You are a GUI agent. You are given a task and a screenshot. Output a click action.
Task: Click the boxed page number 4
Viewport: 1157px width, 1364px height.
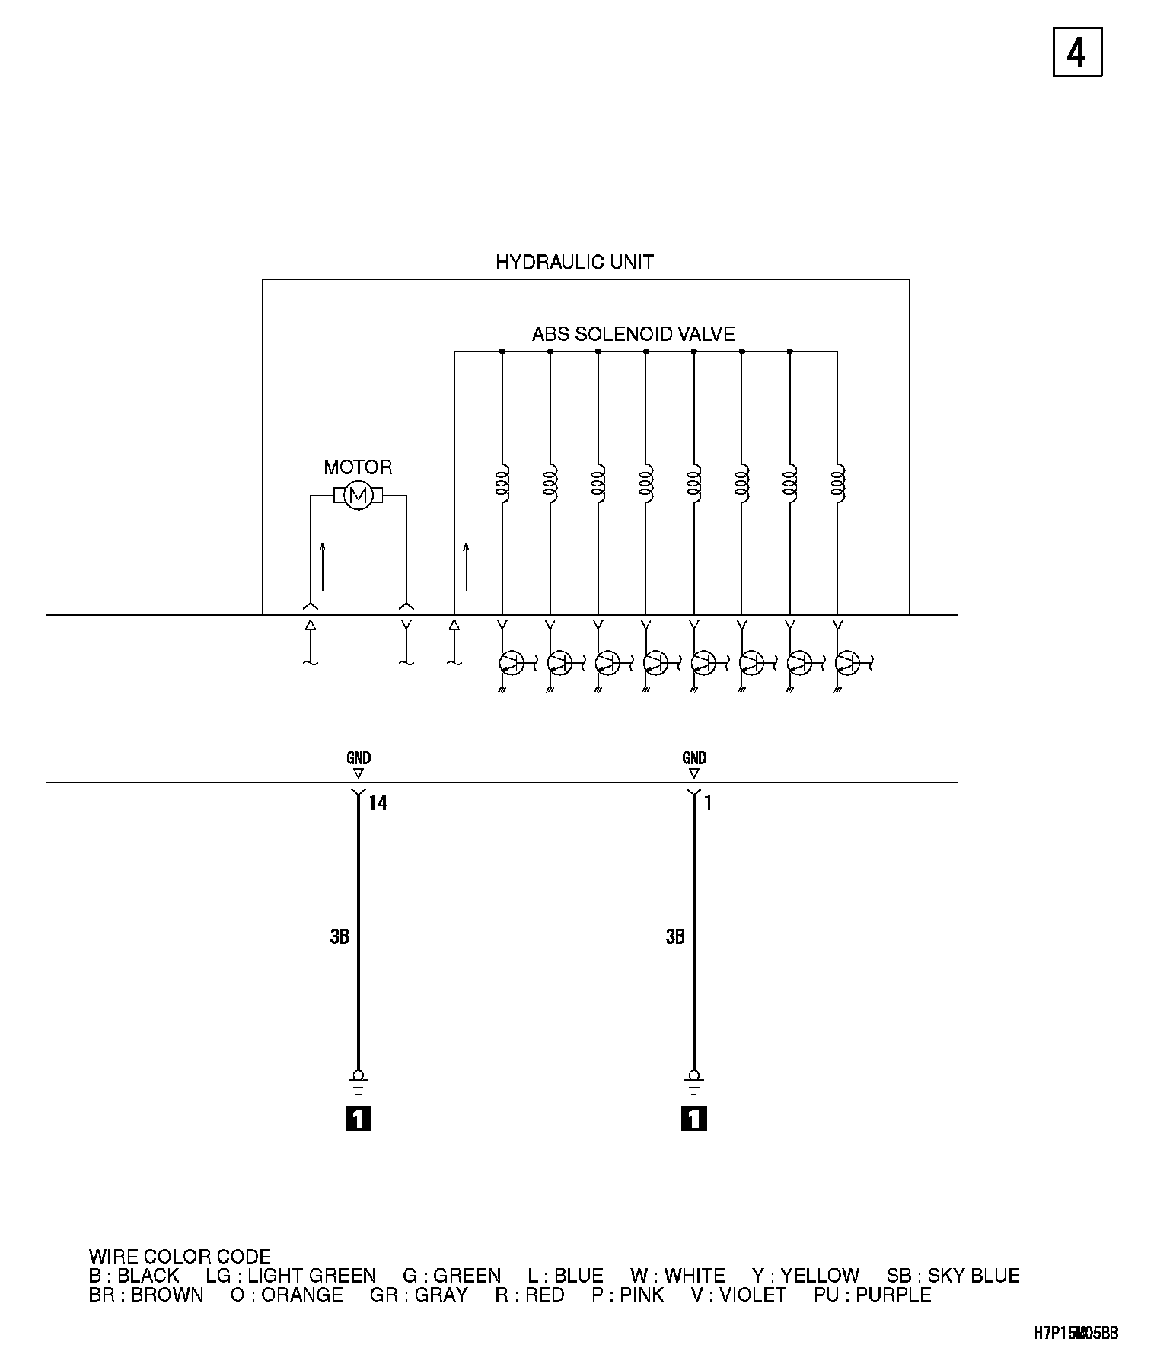(x=1077, y=52)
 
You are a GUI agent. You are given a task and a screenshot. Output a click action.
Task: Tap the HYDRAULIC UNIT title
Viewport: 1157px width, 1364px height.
(x=574, y=263)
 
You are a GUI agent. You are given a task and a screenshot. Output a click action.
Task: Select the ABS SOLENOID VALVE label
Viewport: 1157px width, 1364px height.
(x=633, y=334)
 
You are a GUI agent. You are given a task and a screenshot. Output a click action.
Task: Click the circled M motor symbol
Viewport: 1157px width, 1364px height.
(x=358, y=496)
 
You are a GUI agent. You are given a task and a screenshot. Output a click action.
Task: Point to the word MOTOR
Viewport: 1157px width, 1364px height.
(x=358, y=467)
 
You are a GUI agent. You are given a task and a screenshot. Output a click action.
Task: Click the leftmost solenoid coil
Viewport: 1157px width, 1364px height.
(x=502, y=482)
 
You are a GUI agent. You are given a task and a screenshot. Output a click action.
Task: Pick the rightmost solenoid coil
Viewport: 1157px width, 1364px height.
(x=838, y=482)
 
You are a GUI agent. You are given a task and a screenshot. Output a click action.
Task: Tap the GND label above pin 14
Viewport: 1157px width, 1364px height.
(x=359, y=757)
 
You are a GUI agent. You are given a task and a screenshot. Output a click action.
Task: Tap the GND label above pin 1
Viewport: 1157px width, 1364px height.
(x=694, y=757)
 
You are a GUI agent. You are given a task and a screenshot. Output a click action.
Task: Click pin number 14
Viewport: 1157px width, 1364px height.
(x=378, y=803)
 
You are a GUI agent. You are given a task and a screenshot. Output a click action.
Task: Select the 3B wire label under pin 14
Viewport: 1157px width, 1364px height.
(x=339, y=937)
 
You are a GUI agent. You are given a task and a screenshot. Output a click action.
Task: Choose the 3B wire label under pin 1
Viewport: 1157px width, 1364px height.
(x=675, y=937)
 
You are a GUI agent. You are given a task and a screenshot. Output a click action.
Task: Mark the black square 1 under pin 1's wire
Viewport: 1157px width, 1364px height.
(x=694, y=1118)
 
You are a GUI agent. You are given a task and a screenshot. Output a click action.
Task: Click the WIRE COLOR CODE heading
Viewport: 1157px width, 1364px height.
(x=180, y=1257)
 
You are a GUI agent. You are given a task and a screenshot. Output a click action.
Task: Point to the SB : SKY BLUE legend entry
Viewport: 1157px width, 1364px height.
(x=952, y=1276)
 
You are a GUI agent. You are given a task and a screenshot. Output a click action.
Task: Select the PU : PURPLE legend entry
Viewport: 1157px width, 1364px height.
(x=872, y=1295)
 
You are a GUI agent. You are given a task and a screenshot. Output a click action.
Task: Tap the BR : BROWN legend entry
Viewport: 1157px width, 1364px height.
(x=146, y=1295)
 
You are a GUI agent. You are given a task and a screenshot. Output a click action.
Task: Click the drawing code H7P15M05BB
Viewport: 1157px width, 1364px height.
(x=1076, y=1333)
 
